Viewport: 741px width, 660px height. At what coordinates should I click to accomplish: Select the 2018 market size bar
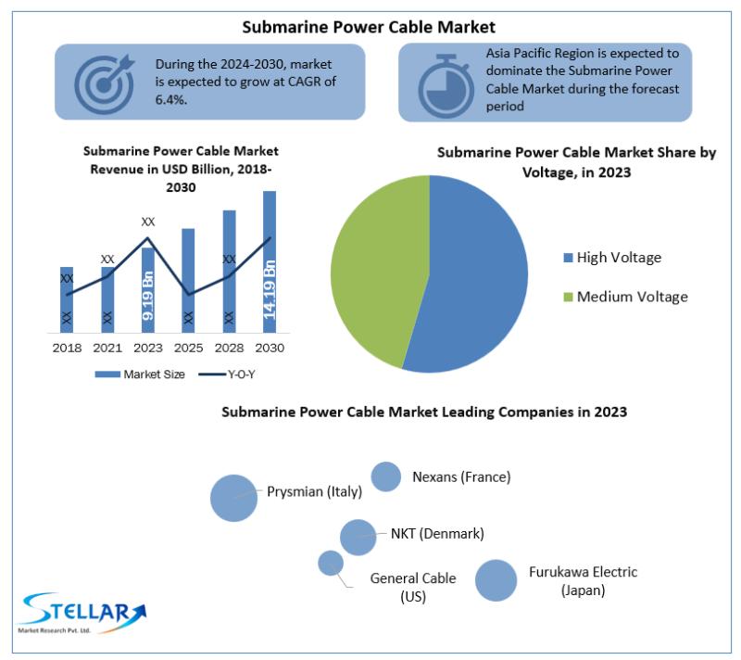pyautogui.click(x=67, y=299)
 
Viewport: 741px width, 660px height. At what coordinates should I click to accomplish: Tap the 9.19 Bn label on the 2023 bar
pyautogui.click(x=148, y=296)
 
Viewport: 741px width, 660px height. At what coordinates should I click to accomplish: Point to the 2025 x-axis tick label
pyautogui.click(x=188, y=348)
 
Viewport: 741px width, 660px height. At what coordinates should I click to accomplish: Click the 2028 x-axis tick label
pyautogui.click(x=229, y=348)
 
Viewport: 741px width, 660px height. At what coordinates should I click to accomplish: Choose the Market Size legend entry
pyautogui.click(x=140, y=374)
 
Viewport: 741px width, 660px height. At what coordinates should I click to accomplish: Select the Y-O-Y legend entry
pyautogui.click(x=227, y=374)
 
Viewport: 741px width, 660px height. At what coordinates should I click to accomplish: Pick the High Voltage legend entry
pyautogui.click(x=613, y=258)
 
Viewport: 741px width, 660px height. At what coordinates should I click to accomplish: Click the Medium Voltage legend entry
pyautogui.click(x=626, y=297)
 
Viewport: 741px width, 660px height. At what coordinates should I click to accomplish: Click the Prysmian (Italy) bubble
pyautogui.click(x=234, y=499)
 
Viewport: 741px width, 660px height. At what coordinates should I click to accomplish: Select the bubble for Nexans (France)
pyautogui.click(x=386, y=476)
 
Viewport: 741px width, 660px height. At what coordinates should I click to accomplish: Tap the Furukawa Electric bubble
pyautogui.click(x=496, y=580)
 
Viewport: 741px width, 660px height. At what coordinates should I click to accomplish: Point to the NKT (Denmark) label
pyautogui.click(x=437, y=534)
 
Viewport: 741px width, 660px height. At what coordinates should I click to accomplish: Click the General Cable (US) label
pyautogui.click(x=413, y=587)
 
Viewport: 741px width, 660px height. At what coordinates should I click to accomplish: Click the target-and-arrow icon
pyautogui.click(x=105, y=83)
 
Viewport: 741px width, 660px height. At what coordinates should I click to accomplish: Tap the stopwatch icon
pyautogui.click(x=446, y=86)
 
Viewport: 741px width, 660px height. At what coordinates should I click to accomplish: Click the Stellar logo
pyautogui.click(x=82, y=614)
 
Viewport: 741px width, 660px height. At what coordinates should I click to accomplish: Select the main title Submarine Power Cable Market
pyautogui.click(x=369, y=27)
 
